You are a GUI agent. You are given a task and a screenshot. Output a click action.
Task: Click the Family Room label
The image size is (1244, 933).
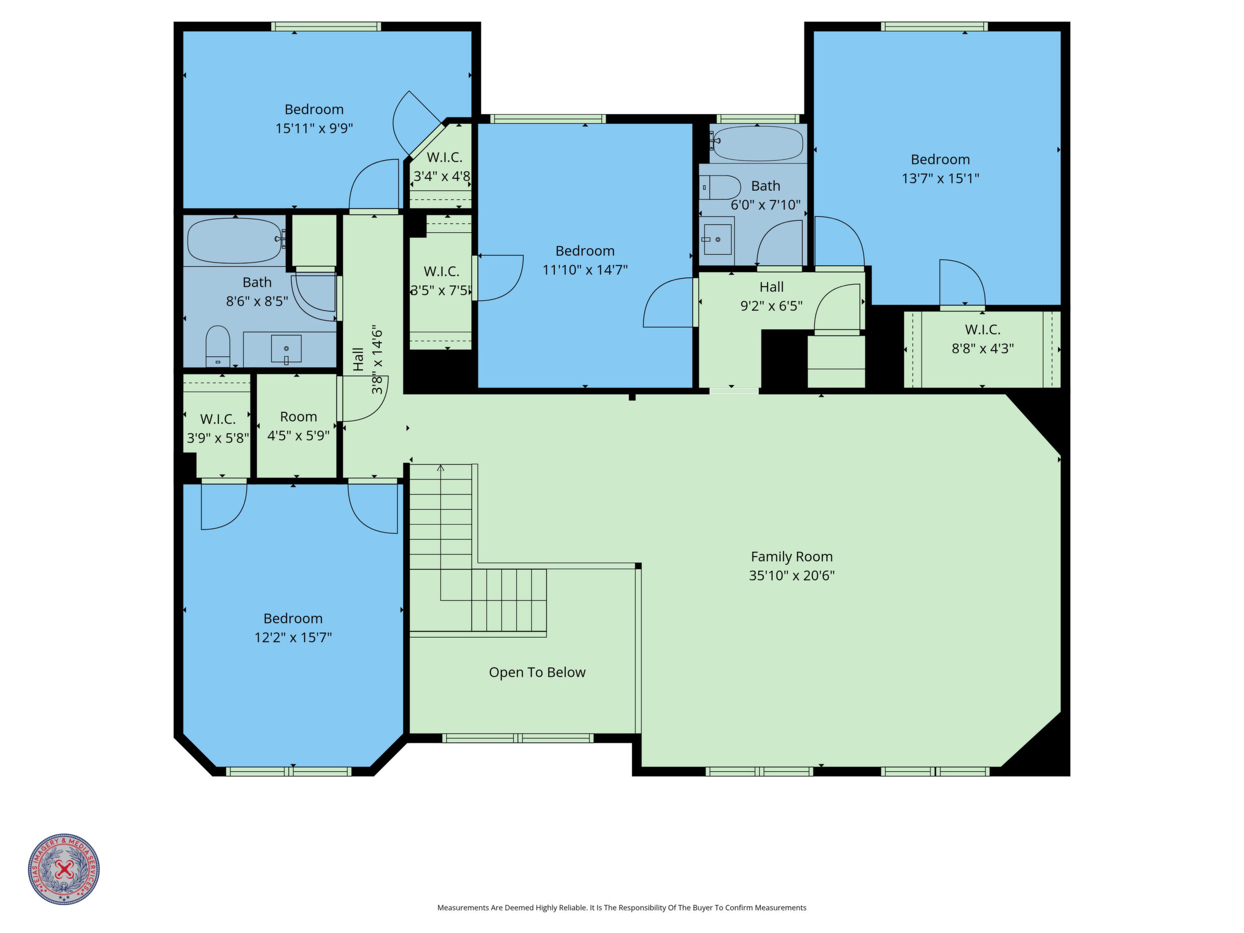point(791,557)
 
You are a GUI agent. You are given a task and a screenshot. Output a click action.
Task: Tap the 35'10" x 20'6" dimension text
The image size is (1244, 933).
point(791,575)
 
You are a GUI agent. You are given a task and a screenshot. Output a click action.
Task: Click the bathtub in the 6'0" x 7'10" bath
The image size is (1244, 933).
point(758,144)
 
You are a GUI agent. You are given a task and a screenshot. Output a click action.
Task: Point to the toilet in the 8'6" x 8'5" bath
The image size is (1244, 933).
point(218,346)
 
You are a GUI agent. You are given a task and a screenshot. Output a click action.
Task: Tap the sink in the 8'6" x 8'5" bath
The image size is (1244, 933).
point(286,349)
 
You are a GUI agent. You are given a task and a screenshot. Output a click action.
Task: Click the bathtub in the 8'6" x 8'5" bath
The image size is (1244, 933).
point(235,241)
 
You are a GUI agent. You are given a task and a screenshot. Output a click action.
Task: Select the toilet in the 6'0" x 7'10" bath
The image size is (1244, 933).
point(720,187)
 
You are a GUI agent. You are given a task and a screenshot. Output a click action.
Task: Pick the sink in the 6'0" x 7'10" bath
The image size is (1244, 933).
point(718,239)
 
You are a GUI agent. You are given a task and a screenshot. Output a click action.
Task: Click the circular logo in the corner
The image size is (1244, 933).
point(64,869)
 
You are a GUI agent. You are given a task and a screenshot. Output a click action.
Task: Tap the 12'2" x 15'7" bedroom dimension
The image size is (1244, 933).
point(293,637)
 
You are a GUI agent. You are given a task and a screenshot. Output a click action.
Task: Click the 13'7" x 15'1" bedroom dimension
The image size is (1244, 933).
point(940,178)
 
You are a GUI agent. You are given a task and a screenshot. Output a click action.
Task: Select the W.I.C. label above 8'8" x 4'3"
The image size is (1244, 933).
point(982,329)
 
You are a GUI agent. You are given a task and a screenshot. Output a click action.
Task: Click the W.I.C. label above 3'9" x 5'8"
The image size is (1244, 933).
point(218,419)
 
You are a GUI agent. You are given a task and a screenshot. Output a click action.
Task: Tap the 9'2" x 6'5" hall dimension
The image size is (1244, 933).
point(771,306)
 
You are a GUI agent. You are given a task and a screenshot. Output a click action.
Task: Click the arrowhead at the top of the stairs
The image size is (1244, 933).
point(441,467)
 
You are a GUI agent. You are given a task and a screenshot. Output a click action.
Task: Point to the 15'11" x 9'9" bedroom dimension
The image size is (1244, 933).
point(314,128)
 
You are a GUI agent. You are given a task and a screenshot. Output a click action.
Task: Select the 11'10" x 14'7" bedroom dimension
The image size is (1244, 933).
point(585,270)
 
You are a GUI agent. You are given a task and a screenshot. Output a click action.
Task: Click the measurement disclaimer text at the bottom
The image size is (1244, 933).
point(622,908)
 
